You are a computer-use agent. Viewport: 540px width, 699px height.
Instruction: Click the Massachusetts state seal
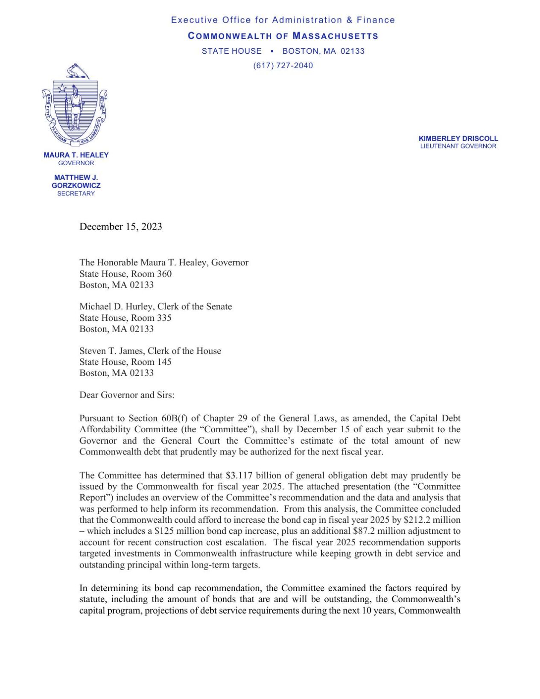[x=75, y=105]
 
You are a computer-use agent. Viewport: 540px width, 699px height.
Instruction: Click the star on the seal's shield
[x=62, y=88]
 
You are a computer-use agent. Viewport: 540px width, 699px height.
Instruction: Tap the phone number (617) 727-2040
[x=283, y=66]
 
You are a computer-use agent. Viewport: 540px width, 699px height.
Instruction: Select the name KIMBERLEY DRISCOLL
[x=458, y=139]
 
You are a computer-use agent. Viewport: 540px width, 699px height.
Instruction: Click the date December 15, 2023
[x=121, y=227]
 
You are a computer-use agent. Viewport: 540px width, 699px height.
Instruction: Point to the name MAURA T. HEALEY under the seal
[x=76, y=155]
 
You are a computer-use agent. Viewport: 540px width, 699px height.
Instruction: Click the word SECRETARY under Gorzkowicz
[x=76, y=194]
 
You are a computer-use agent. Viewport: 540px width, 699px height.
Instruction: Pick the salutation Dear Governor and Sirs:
[x=127, y=395]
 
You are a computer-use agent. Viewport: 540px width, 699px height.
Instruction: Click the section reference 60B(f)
[x=174, y=418]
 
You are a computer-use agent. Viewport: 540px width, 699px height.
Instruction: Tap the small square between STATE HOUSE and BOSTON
[x=272, y=51]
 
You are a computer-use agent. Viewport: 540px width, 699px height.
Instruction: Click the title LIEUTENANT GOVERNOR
[x=458, y=146]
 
